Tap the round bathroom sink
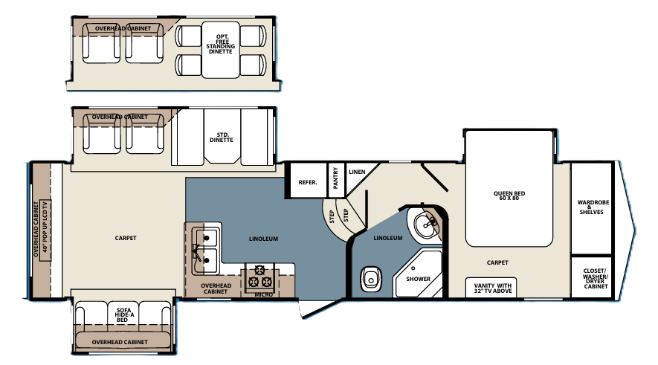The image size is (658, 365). pyautogui.click(x=425, y=222)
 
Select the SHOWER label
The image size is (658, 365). pyautogui.click(x=418, y=279)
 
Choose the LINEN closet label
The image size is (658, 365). pyautogui.click(x=357, y=172)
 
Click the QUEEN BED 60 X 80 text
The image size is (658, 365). pyautogui.click(x=509, y=197)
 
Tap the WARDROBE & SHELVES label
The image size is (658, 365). pyautogui.click(x=591, y=207)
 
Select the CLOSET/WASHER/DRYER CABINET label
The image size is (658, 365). pyautogui.click(x=595, y=277)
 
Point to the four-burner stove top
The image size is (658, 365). pyautogui.click(x=262, y=276)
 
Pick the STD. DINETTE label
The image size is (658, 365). pyautogui.click(x=222, y=137)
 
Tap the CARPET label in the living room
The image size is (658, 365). pyautogui.click(x=126, y=239)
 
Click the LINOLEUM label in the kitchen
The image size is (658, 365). pyautogui.click(x=263, y=239)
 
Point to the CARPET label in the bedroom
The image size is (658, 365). pyautogui.click(x=497, y=262)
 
